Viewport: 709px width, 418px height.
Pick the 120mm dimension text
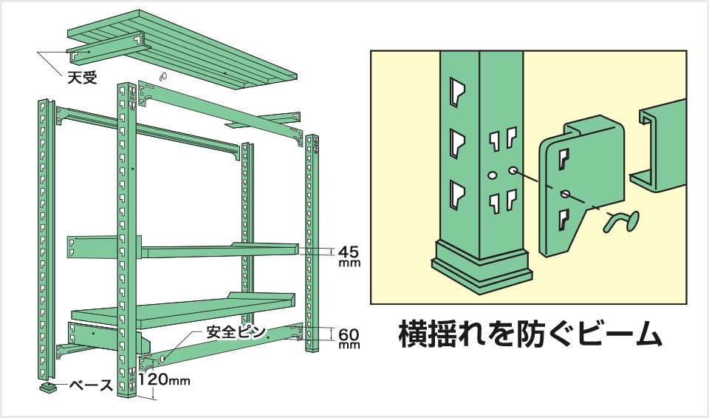point(165,382)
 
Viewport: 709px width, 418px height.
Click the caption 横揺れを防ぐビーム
point(529,334)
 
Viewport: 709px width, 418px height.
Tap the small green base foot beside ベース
point(49,386)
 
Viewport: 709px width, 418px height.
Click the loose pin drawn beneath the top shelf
point(163,76)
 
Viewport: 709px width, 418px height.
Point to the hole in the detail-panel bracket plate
point(565,194)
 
